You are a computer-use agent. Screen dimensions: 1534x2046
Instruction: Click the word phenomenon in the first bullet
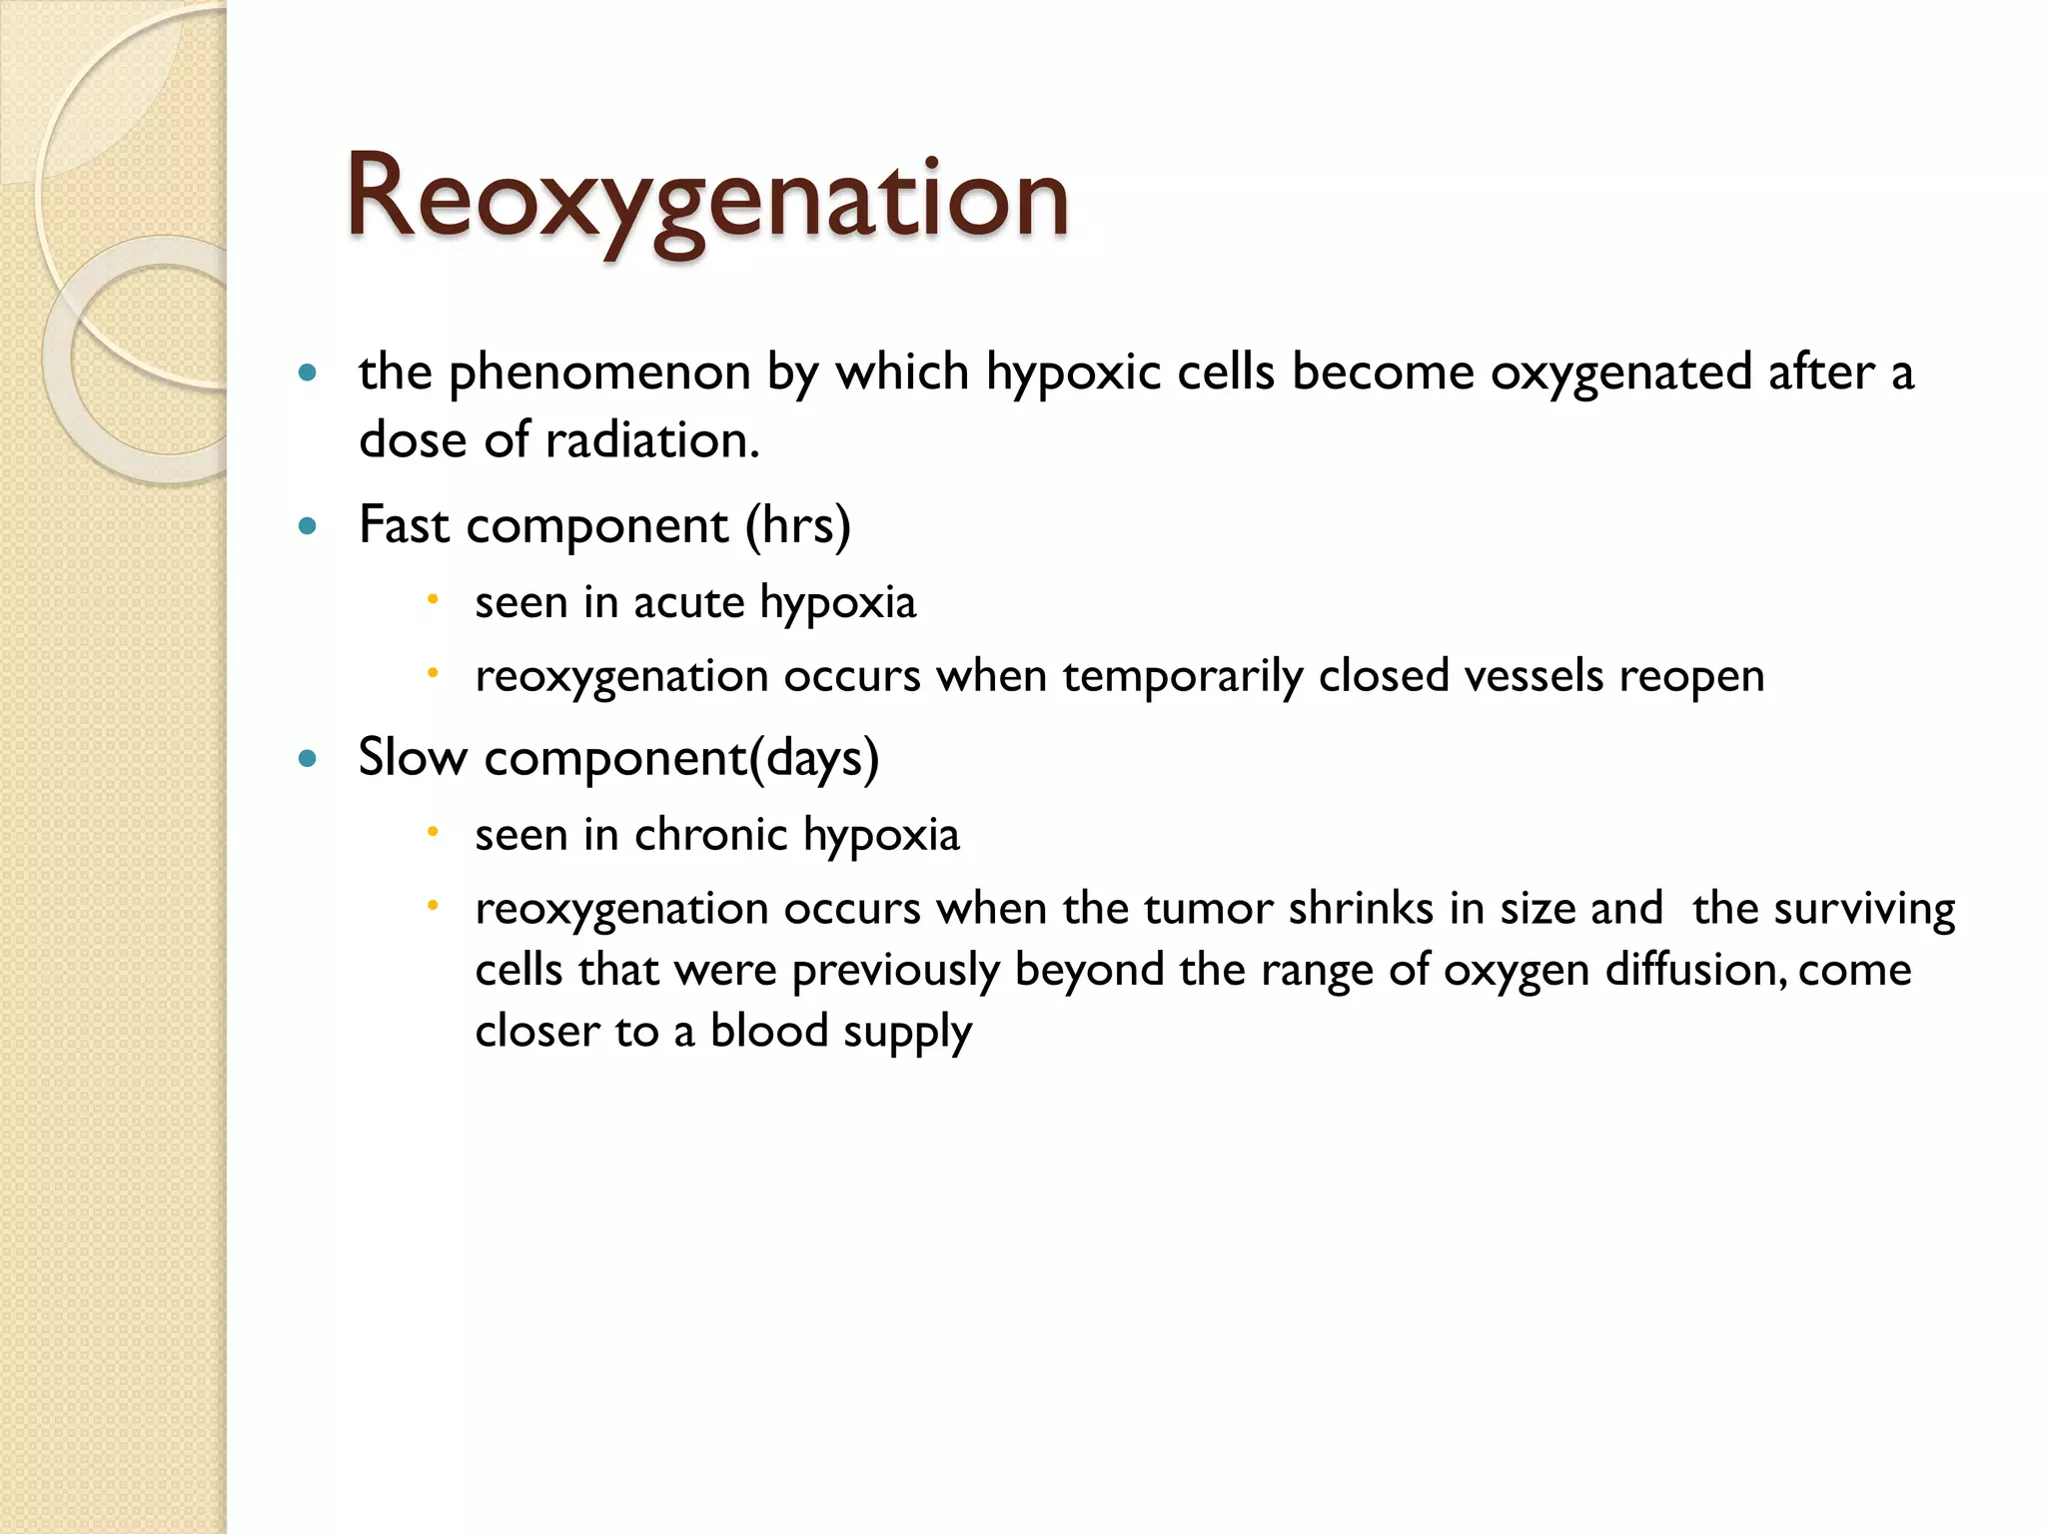599,374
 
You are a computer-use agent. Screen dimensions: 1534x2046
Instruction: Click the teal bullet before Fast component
308,526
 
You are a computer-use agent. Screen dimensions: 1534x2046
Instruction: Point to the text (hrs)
797,526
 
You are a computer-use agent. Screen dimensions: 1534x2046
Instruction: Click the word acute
688,602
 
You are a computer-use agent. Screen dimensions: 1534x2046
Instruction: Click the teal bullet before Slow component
308,759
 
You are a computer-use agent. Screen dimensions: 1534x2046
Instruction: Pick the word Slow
412,758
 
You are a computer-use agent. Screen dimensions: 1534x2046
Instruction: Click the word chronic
710,835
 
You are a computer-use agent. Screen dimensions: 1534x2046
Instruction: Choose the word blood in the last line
769,1031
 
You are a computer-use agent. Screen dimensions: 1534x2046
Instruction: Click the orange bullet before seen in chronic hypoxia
433,832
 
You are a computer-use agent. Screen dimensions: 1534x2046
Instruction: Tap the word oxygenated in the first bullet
1620,374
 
